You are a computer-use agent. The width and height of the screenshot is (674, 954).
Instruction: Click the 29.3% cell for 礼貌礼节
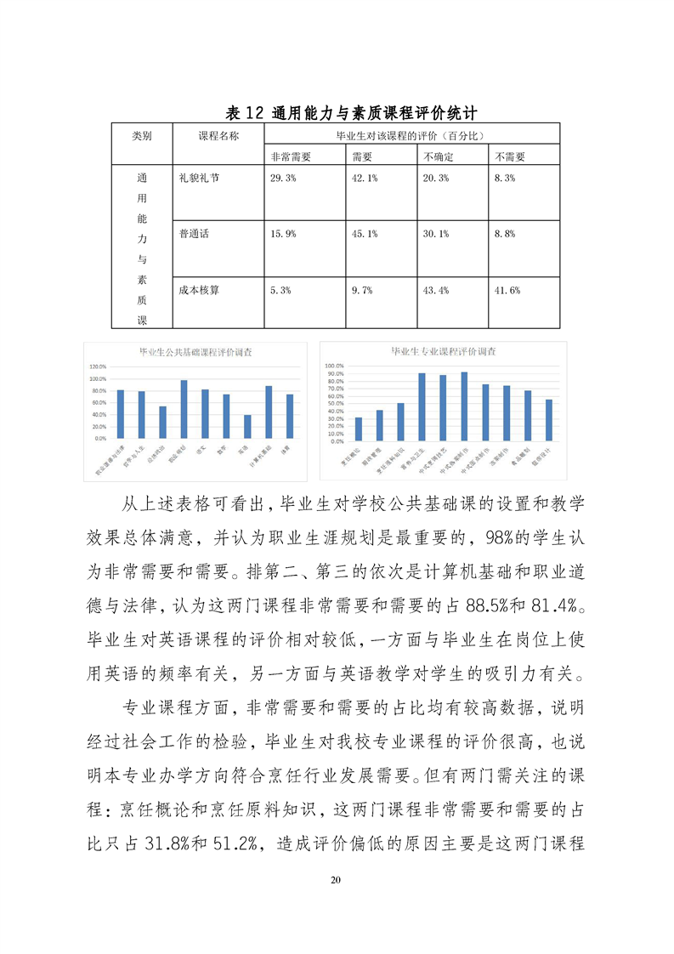(283, 178)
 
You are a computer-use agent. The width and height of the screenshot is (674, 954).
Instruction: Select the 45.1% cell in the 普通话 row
(365, 234)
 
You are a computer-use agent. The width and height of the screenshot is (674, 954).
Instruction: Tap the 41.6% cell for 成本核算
(507, 290)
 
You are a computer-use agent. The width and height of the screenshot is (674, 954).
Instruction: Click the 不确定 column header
(439, 156)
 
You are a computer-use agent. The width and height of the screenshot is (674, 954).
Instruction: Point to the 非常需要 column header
(291, 156)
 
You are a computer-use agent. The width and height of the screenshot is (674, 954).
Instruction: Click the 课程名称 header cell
(218, 135)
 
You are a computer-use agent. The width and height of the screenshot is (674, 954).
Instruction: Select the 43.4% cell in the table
(437, 290)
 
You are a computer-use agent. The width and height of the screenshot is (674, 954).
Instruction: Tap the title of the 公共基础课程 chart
(201, 351)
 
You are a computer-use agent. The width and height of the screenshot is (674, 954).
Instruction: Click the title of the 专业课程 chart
(444, 350)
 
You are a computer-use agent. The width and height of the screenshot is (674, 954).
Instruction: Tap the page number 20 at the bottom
(337, 879)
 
